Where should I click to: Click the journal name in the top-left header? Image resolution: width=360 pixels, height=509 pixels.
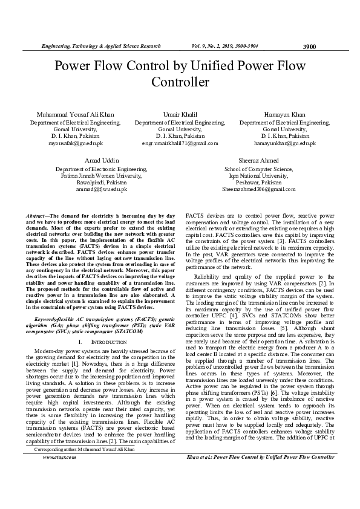pyautogui.click(x=100, y=46)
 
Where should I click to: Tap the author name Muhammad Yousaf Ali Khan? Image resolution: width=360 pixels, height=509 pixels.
pyautogui.click(x=75, y=114)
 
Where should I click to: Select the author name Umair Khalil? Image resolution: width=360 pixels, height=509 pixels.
pyautogui.click(x=180, y=114)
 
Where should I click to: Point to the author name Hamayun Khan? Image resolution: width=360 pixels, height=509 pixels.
pyautogui.click(x=284, y=114)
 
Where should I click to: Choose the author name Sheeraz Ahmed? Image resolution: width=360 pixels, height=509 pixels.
pyautogui.click(x=258, y=161)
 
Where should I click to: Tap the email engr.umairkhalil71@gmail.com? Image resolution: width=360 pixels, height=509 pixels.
pyautogui.click(x=180, y=143)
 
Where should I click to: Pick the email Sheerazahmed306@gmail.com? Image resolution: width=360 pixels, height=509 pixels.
pyautogui.click(x=258, y=189)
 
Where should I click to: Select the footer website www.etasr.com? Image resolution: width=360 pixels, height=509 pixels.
pyautogui.click(x=59, y=475)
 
